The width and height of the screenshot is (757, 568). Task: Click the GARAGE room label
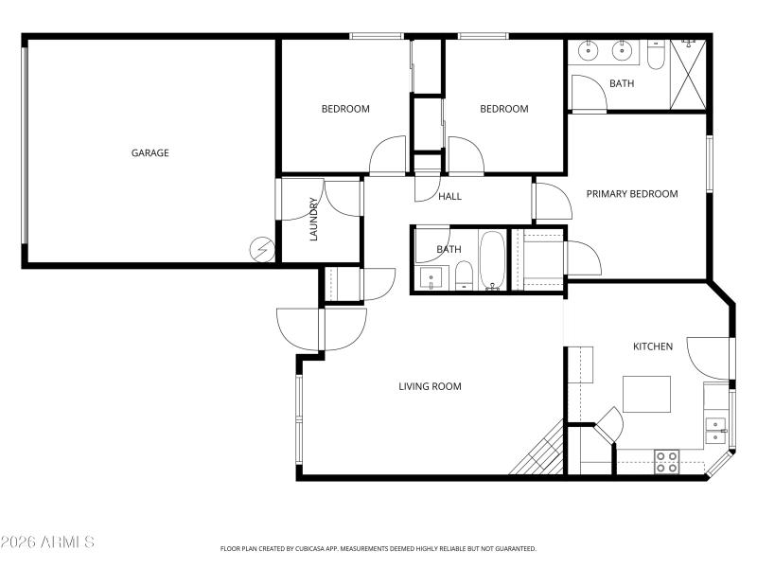point(150,152)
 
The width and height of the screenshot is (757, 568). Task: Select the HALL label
point(449,196)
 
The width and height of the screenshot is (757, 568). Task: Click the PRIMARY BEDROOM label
point(631,194)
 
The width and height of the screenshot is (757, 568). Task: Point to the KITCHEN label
point(652,346)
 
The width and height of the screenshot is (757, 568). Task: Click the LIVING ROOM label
point(430,386)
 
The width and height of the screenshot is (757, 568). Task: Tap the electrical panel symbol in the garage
point(260,249)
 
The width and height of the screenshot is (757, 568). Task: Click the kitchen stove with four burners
point(666,462)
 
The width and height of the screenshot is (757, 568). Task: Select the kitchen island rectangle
point(646,394)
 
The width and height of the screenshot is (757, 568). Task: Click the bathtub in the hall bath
point(492,259)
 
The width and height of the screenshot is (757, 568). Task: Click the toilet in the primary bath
point(657,57)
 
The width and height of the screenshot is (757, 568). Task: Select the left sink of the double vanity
point(588,51)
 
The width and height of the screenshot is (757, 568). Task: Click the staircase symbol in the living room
point(540,453)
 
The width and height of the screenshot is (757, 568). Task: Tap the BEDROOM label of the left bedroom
point(345,109)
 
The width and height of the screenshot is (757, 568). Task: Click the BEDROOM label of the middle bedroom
point(503,109)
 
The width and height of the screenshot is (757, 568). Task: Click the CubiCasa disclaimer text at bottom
point(378,548)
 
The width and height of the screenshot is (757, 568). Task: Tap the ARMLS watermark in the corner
point(47,542)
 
